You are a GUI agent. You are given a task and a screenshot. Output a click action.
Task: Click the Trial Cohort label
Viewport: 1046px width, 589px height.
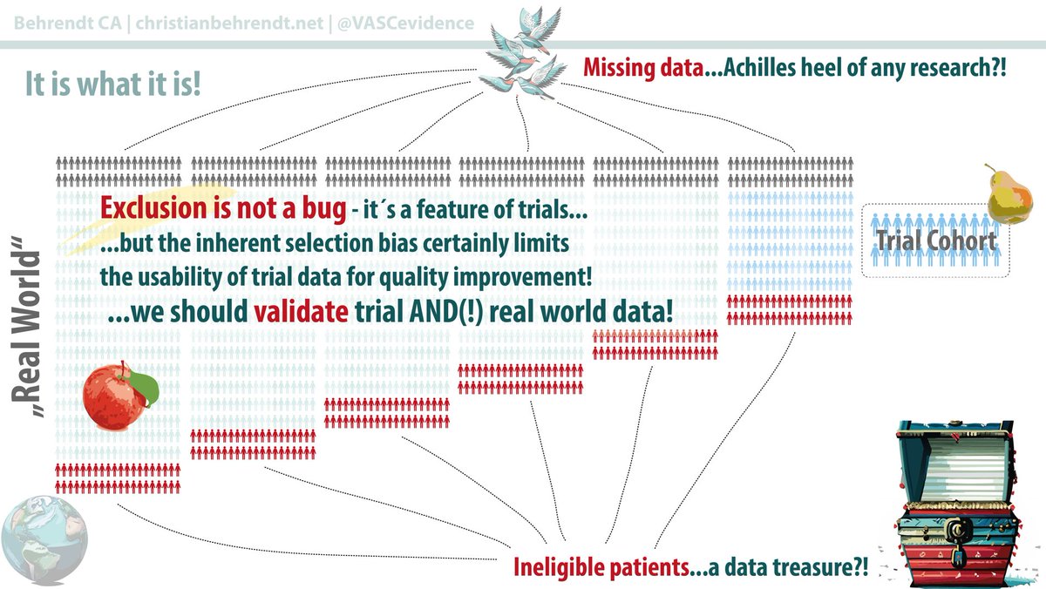934,240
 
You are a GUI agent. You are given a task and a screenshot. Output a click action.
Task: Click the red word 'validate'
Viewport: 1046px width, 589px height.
296,313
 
